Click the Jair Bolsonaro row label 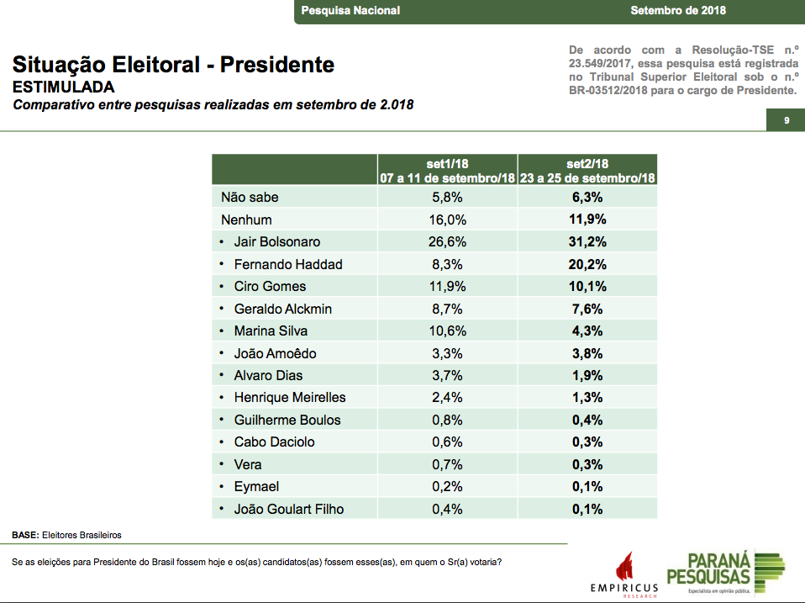coord(276,242)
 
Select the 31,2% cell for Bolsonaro coord(587,242)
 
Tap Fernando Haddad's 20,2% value coord(587,264)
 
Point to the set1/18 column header coord(447,171)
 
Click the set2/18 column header coord(587,171)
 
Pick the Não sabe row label coord(250,198)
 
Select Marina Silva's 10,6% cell coord(447,331)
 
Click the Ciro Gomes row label coord(270,287)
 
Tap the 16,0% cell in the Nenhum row coord(447,220)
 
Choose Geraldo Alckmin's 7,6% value coord(587,309)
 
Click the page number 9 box coord(787,121)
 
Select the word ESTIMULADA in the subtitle coord(63,87)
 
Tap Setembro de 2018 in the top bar coord(677,11)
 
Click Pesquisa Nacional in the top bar coord(350,11)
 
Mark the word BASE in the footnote coord(24,535)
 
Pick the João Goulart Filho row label coord(289,509)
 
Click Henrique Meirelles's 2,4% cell coord(447,397)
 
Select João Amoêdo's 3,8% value coord(587,353)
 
